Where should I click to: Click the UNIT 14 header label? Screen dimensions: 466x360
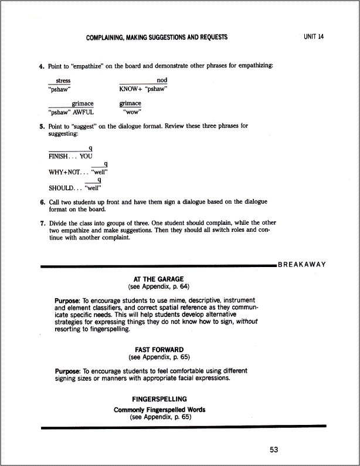click(314, 37)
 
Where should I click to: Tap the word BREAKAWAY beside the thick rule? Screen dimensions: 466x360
click(302, 265)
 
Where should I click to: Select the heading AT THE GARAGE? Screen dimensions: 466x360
click(159, 280)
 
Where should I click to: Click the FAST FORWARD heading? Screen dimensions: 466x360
click(159, 349)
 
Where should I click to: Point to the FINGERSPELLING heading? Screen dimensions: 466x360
click(159, 398)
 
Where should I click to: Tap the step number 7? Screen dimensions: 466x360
click(42, 223)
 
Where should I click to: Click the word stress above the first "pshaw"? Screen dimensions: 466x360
click(63, 80)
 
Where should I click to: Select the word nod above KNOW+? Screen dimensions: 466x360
click(162, 80)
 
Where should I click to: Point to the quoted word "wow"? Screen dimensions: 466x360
click(131, 112)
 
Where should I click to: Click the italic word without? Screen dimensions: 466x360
click(246, 322)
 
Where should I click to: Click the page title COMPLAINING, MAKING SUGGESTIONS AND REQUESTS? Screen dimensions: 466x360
click(157, 38)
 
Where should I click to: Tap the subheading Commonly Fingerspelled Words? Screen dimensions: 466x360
click(159, 410)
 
